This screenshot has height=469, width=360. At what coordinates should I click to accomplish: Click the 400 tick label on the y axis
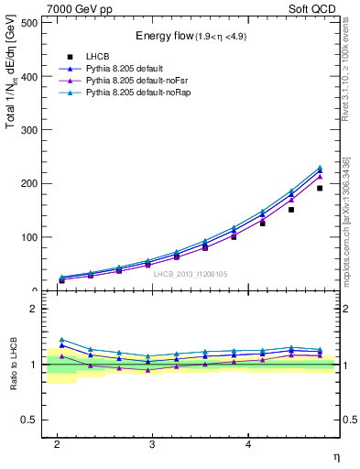point(30,77)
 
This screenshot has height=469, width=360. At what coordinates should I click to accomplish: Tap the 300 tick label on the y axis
point(30,130)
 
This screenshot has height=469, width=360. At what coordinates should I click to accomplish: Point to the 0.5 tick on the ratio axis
point(33,420)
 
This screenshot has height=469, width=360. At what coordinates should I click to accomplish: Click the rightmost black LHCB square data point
point(319,188)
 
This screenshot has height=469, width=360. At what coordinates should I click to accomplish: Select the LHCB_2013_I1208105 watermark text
point(190,274)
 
